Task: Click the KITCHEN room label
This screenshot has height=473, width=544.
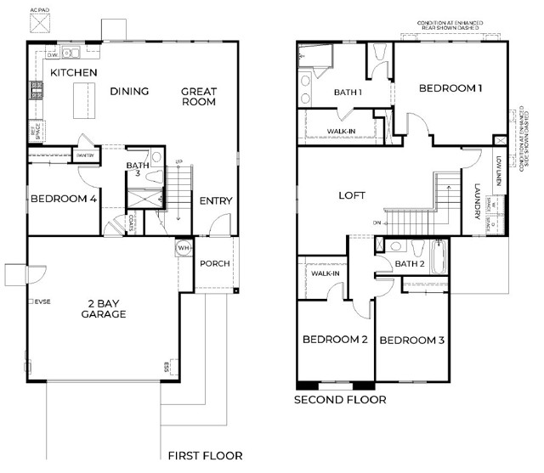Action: pyautogui.click(x=73, y=73)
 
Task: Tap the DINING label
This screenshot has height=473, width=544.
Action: pyautogui.click(x=129, y=92)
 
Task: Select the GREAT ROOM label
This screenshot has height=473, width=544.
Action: pyautogui.click(x=198, y=97)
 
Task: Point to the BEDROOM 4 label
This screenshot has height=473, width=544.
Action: pyautogui.click(x=63, y=200)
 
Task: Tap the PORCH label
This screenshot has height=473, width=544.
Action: pyautogui.click(x=215, y=263)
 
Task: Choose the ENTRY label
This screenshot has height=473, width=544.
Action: pyautogui.click(x=216, y=201)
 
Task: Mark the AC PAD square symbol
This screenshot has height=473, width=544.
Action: pyautogui.click(x=40, y=23)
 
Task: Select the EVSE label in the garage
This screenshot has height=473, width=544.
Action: pyautogui.click(x=41, y=301)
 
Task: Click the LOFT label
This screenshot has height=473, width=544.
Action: pyautogui.click(x=352, y=195)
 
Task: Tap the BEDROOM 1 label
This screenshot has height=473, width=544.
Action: pyautogui.click(x=452, y=87)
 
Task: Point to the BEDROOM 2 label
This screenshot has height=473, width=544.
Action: pyautogui.click(x=335, y=340)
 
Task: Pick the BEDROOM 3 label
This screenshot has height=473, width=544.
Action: pyautogui.click(x=411, y=341)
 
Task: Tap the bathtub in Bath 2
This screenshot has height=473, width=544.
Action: pyautogui.click(x=439, y=256)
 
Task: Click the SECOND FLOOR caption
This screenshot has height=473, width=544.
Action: pyautogui.click(x=340, y=399)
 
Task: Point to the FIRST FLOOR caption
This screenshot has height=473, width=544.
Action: pyautogui.click(x=205, y=456)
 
